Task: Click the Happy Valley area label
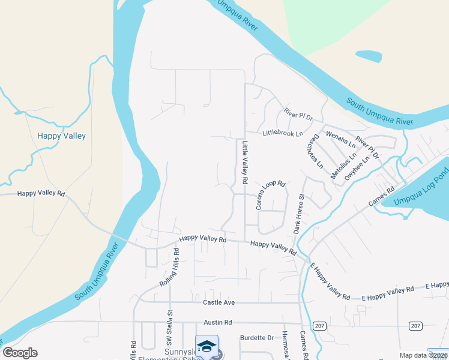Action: (61, 136)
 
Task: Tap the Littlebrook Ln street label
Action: (283, 133)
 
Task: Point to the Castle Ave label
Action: (217, 302)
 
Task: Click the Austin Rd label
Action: (217, 322)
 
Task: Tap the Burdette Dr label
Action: (256, 338)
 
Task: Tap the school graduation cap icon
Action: (206, 347)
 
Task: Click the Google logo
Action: (20, 353)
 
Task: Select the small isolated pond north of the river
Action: (369, 57)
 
